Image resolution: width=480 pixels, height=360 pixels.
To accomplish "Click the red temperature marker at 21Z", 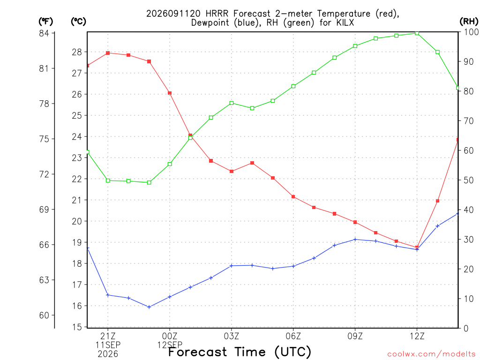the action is (x=108, y=53).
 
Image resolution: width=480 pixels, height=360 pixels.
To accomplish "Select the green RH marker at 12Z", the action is (x=417, y=33).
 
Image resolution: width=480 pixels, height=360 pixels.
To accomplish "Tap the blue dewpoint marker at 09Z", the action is (x=355, y=240).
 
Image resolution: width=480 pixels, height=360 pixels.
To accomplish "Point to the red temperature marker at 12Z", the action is (x=417, y=247).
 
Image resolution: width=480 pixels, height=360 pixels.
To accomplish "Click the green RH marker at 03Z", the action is (x=232, y=103).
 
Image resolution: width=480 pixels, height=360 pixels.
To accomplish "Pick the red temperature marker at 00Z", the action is (x=170, y=93).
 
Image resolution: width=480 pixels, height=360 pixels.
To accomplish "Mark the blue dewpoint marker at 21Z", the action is (x=108, y=295).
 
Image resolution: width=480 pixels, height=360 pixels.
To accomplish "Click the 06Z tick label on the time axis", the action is (x=293, y=337).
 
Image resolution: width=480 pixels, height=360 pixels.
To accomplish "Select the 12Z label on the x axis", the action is (x=417, y=337).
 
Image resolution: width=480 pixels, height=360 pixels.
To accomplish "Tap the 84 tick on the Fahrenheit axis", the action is (x=44, y=33).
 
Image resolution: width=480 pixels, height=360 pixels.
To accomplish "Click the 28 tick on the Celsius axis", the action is (x=77, y=52).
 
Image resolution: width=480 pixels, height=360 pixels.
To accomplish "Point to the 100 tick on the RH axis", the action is (x=472, y=32).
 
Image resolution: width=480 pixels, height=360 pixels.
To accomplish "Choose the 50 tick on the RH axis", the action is (x=468, y=180).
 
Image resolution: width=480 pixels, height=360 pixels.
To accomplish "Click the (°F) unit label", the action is (x=45, y=22).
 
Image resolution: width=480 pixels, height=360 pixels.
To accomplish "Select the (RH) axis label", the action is (x=469, y=22).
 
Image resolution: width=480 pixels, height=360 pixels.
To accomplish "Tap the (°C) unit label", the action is (x=78, y=22).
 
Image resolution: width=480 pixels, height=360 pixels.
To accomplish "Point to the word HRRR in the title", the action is (x=217, y=14).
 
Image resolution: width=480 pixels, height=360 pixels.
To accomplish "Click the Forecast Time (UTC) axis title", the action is (x=240, y=352).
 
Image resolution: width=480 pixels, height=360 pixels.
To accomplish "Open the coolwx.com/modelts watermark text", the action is (x=431, y=354).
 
